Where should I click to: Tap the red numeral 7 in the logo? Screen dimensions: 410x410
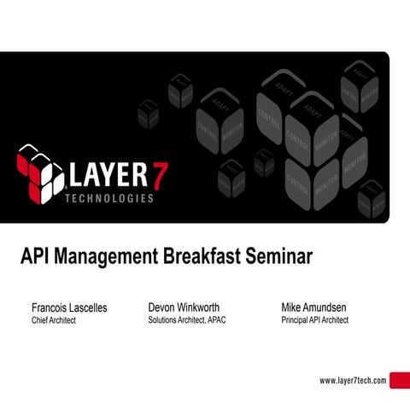pyautogui.click(x=159, y=174)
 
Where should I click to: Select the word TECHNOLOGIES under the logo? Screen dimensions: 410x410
pyautogui.click(x=110, y=198)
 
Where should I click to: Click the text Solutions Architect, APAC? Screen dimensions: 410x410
pyautogui.click(x=187, y=320)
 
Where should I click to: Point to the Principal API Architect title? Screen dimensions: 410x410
pyautogui.click(x=314, y=320)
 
